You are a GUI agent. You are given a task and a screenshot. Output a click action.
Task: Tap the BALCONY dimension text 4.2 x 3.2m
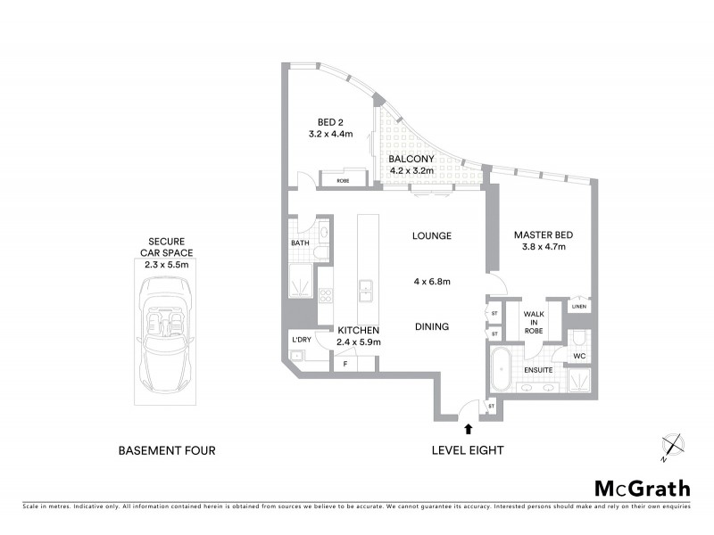click(x=411, y=171)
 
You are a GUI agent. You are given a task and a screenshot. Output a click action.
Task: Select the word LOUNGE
click(x=432, y=236)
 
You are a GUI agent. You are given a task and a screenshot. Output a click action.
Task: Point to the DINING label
click(x=431, y=326)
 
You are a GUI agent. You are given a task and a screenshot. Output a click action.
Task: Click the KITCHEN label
click(x=359, y=330)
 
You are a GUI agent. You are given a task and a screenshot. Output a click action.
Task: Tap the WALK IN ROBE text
click(x=534, y=322)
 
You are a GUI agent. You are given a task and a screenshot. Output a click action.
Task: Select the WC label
click(x=579, y=357)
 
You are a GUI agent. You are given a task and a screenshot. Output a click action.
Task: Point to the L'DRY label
click(x=301, y=340)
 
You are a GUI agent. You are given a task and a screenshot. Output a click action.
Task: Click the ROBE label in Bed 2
click(x=343, y=181)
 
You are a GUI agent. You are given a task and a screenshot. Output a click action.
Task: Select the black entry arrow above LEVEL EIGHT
click(x=469, y=430)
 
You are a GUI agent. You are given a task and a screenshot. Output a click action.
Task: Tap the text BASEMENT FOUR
click(x=167, y=451)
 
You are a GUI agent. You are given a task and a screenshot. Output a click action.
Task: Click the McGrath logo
click(x=643, y=488)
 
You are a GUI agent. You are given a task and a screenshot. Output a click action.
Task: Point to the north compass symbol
click(x=672, y=446)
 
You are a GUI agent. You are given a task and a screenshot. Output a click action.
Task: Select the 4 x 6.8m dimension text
click(x=431, y=282)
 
